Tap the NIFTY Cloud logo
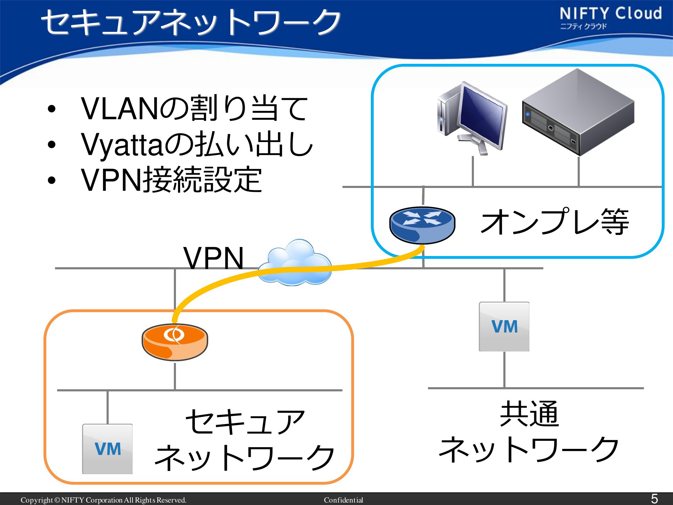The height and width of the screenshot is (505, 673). [x=611, y=18]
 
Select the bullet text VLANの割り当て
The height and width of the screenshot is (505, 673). [x=195, y=108]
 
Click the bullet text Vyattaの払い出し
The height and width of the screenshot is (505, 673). [x=197, y=144]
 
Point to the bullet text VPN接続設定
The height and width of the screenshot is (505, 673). [x=171, y=180]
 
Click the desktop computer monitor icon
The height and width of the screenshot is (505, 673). [x=472, y=119]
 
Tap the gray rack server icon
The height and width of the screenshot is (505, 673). [x=578, y=112]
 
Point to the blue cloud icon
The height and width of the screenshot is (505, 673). [x=294, y=262]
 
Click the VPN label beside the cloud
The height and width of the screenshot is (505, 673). [x=213, y=258]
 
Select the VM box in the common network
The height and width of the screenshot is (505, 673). [x=504, y=326]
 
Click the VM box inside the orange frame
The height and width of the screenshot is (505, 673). [x=107, y=449]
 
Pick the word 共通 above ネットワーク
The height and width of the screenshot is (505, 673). [x=529, y=414]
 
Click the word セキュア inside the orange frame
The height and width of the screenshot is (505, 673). [x=245, y=422]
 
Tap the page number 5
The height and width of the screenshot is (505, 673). [x=654, y=498]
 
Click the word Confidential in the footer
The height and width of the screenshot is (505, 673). [x=344, y=500]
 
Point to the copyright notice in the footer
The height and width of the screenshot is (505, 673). [x=103, y=500]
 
